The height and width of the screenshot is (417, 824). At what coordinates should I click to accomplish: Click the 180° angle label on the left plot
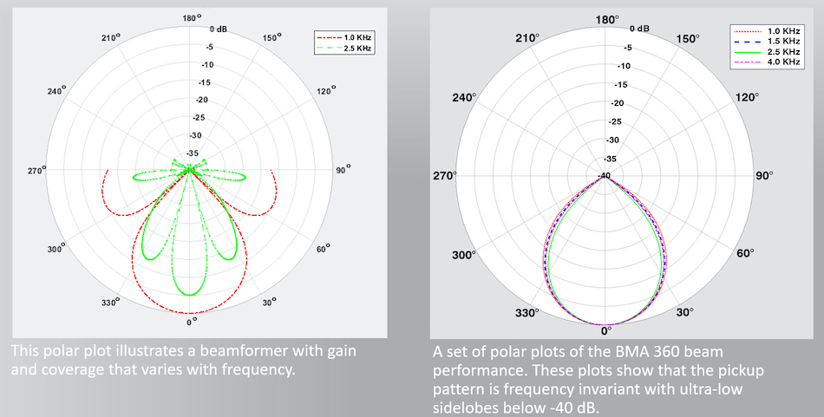coord(192,16)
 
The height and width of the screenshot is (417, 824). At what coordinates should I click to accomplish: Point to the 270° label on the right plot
coord(444,176)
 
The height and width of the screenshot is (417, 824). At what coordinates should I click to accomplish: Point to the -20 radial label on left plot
coord(205,100)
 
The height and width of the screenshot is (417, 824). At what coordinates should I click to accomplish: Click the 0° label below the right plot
coord(606,331)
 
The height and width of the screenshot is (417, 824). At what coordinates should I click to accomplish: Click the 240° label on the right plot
coord(465,97)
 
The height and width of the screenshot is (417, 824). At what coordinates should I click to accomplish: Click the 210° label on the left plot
coord(110,39)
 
